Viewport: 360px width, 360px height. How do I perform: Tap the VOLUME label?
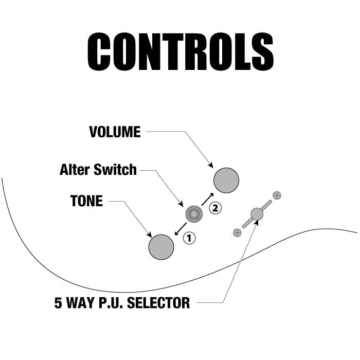pos(115,132)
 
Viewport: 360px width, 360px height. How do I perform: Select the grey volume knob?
pos(227,180)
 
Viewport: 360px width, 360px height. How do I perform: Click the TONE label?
pos(86,201)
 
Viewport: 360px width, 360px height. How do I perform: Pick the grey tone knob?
pos(161,247)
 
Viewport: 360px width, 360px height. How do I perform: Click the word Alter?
pos(75,169)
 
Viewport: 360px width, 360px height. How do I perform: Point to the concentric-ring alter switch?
pos(194,214)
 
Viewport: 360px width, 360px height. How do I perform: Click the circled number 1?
pos(190,238)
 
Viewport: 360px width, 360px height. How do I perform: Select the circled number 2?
pos(215,208)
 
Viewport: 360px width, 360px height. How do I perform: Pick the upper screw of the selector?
pos(277,195)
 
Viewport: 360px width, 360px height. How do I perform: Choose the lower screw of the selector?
pos(237,232)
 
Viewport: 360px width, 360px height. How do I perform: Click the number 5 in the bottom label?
pos(58,302)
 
